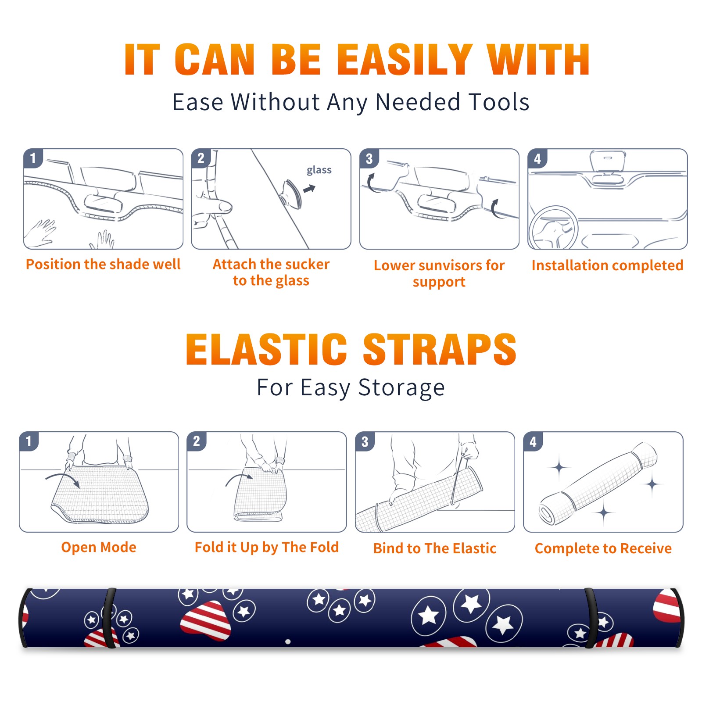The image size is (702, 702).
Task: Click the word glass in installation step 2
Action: click(319, 170)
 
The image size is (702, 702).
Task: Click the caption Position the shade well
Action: click(103, 264)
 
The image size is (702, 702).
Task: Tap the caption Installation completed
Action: click(607, 265)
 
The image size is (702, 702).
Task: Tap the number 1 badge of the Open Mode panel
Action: click(29, 441)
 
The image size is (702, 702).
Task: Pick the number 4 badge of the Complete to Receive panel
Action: click(533, 441)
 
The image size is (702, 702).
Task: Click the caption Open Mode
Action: click(99, 548)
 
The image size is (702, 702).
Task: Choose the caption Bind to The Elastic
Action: click(435, 548)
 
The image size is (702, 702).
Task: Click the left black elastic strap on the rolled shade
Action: click(109, 618)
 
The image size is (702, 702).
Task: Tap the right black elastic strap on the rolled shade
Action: click(591, 618)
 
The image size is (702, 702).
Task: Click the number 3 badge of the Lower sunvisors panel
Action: click(369, 158)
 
